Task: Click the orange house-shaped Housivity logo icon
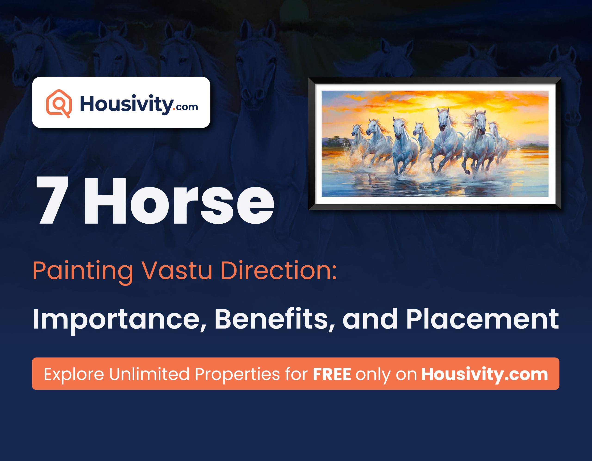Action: pos(59,103)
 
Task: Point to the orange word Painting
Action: pos(83,271)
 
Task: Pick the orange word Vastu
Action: pos(177,271)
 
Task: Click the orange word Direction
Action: pos(274,271)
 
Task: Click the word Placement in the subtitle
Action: pos(482,319)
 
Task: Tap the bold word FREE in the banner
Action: pos(332,374)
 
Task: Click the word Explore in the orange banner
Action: pos(74,374)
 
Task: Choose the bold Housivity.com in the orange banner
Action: pos(485,374)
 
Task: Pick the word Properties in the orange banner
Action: pos(237,374)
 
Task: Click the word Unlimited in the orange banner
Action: pos(149,374)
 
